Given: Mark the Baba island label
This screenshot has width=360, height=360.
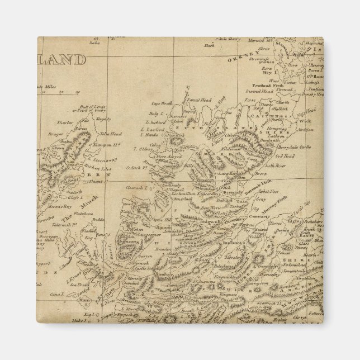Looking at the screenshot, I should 94,42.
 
